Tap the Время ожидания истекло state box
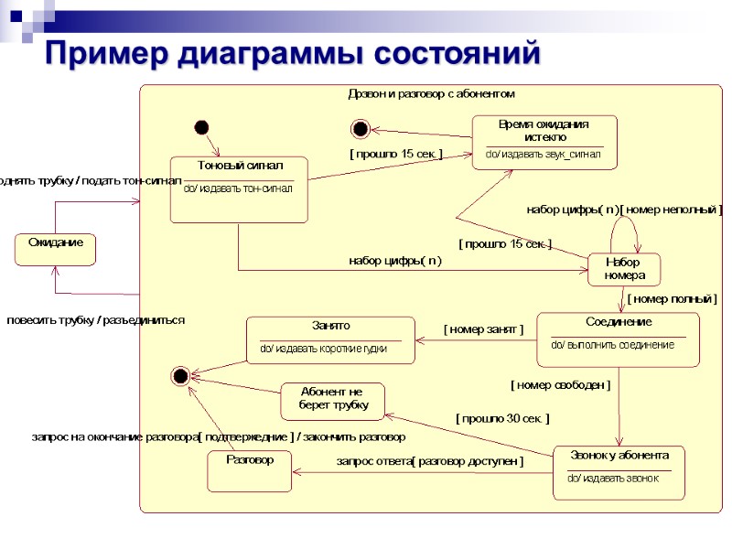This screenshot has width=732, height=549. tap(544, 142)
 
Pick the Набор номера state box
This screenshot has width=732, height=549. tap(624, 269)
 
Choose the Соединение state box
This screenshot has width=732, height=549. tap(618, 339)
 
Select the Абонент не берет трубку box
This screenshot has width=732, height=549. tap(332, 401)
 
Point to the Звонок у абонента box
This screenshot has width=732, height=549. tap(619, 472)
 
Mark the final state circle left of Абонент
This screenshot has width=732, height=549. tap(180, 375)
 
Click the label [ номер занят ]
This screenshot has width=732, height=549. tap(483, 329)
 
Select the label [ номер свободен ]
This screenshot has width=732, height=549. tap(560, 385)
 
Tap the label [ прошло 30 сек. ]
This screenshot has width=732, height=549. tap(502, 418)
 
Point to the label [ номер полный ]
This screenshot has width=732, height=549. tap(672, 298)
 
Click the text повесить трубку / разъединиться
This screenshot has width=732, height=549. tap(96, 320)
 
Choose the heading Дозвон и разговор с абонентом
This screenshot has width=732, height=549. tap(431, 93)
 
